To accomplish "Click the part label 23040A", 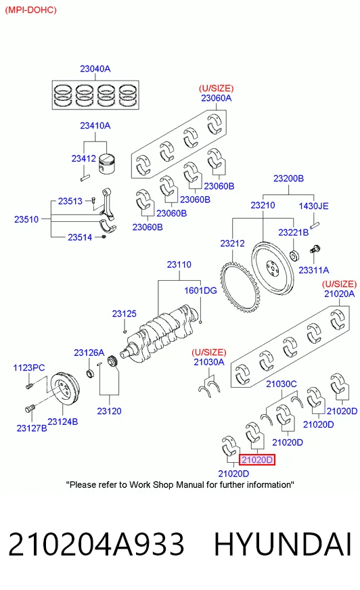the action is (x=95, y=69).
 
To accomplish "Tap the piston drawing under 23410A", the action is (x=107, y=164).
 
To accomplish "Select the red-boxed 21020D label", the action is (x=257, y=459).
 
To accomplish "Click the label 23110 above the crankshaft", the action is (x=179, y=265).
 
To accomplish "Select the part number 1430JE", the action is (x=313, y=206).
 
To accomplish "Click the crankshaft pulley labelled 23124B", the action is (x=65, y=389).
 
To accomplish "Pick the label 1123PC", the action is (x=29, y=367).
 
